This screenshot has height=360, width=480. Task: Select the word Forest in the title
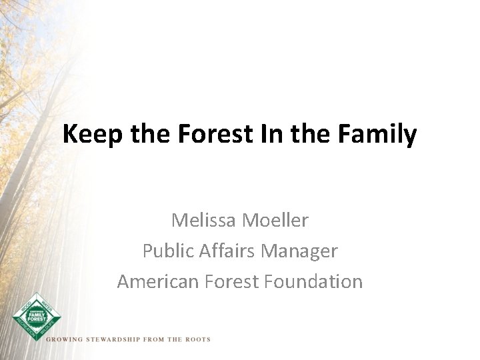click(x=213, y=135)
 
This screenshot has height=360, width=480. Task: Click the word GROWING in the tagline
click(x=63, y=339)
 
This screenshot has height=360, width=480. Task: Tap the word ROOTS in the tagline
click(x=197, y=339)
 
